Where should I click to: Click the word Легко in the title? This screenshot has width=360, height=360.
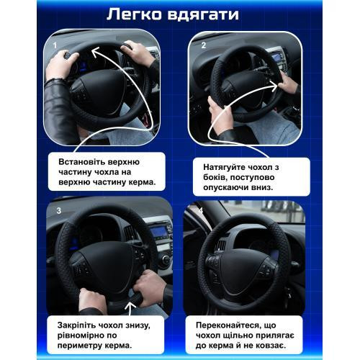135,14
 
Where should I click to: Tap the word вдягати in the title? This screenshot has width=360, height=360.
203,15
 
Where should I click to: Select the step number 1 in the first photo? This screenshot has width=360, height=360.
55,45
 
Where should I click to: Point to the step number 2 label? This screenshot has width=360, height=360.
204,45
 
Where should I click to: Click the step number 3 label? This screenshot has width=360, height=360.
59,211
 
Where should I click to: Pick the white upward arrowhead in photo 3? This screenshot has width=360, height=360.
130,306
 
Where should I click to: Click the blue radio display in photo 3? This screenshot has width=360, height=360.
159,232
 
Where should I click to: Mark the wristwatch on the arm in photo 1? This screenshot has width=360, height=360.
55,80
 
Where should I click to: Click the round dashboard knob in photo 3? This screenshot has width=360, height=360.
165,259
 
